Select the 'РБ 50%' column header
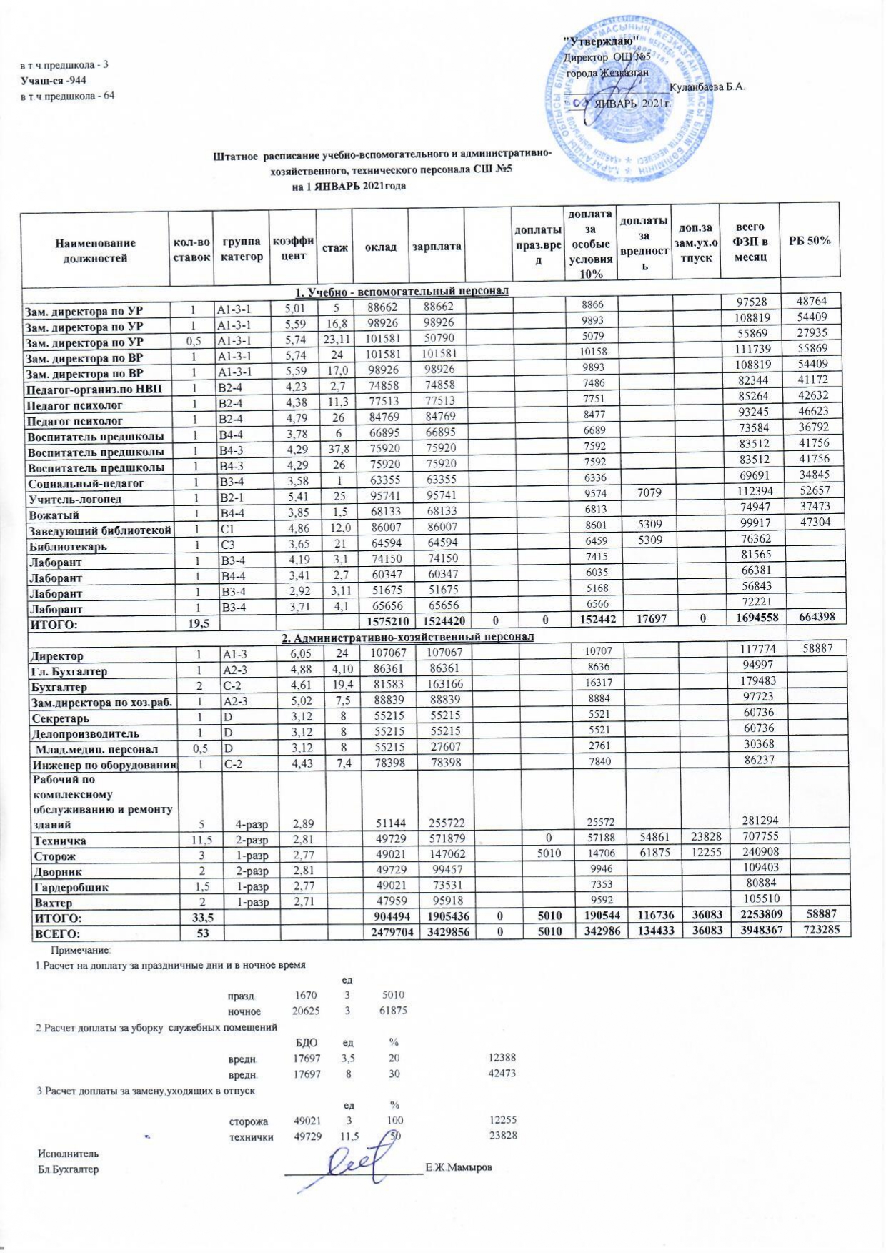pyautogui.click(x=810, y=241)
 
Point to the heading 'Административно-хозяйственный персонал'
pyautogui.click(x=405, y=636)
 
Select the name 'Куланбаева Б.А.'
pyautogui.click(x=707, y=87)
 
